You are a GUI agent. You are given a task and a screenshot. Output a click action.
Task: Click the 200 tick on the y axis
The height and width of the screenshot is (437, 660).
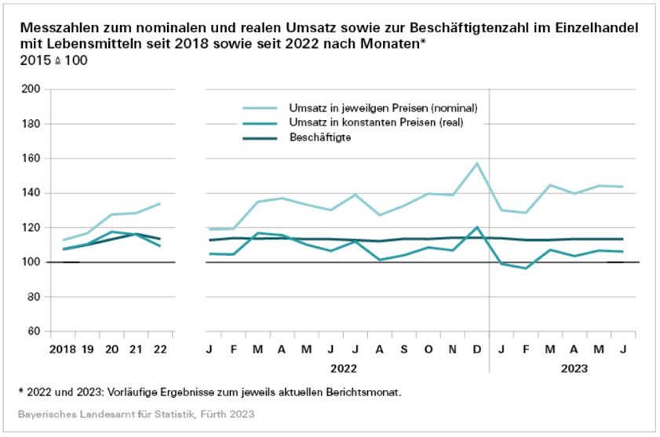pyautogui.click(x=30, y=89)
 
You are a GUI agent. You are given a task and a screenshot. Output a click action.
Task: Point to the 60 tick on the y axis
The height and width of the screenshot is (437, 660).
pyautogui.click(x=33, y=331)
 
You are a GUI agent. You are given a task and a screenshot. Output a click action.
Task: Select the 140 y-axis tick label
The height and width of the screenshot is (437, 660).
pyautogui.click(x=30, y=193)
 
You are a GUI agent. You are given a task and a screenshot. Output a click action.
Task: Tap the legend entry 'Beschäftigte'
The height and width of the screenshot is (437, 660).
pyautogui.click(x=319, y=137)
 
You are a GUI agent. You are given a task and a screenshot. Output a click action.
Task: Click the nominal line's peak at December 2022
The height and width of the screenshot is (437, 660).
pyautogui.click(x=476, y=163)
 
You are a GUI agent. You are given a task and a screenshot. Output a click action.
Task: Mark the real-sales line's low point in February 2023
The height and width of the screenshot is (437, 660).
pyautogui.click(x=525, y=268)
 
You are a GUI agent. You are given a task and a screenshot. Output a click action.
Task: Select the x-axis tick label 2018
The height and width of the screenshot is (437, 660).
pyautogui.click(x=63, y=348)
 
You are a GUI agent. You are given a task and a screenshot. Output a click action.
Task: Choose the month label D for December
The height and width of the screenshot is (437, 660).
pyautogui.click(x=476, y=348)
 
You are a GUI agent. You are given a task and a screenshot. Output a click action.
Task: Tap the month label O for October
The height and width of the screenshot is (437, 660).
pyautogui.click(x=428, y=348)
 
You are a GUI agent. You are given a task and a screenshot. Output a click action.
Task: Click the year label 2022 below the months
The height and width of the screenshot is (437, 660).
pyautogui.click(x=342, y=366)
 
